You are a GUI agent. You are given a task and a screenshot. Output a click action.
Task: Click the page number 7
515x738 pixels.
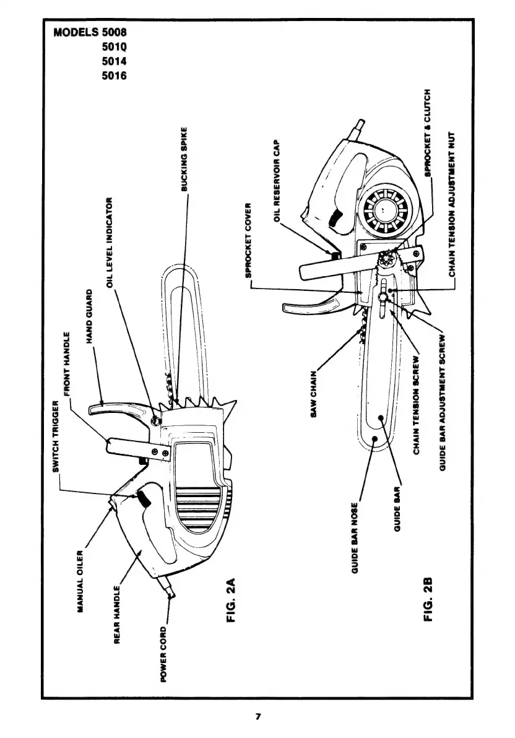(258, 717)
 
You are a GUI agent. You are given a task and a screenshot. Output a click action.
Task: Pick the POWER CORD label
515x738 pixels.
(163, 654)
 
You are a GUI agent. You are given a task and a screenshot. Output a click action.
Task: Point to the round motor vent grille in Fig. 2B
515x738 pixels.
(381, 211)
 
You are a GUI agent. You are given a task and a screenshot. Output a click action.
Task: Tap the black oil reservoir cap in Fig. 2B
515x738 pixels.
(335, 254)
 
